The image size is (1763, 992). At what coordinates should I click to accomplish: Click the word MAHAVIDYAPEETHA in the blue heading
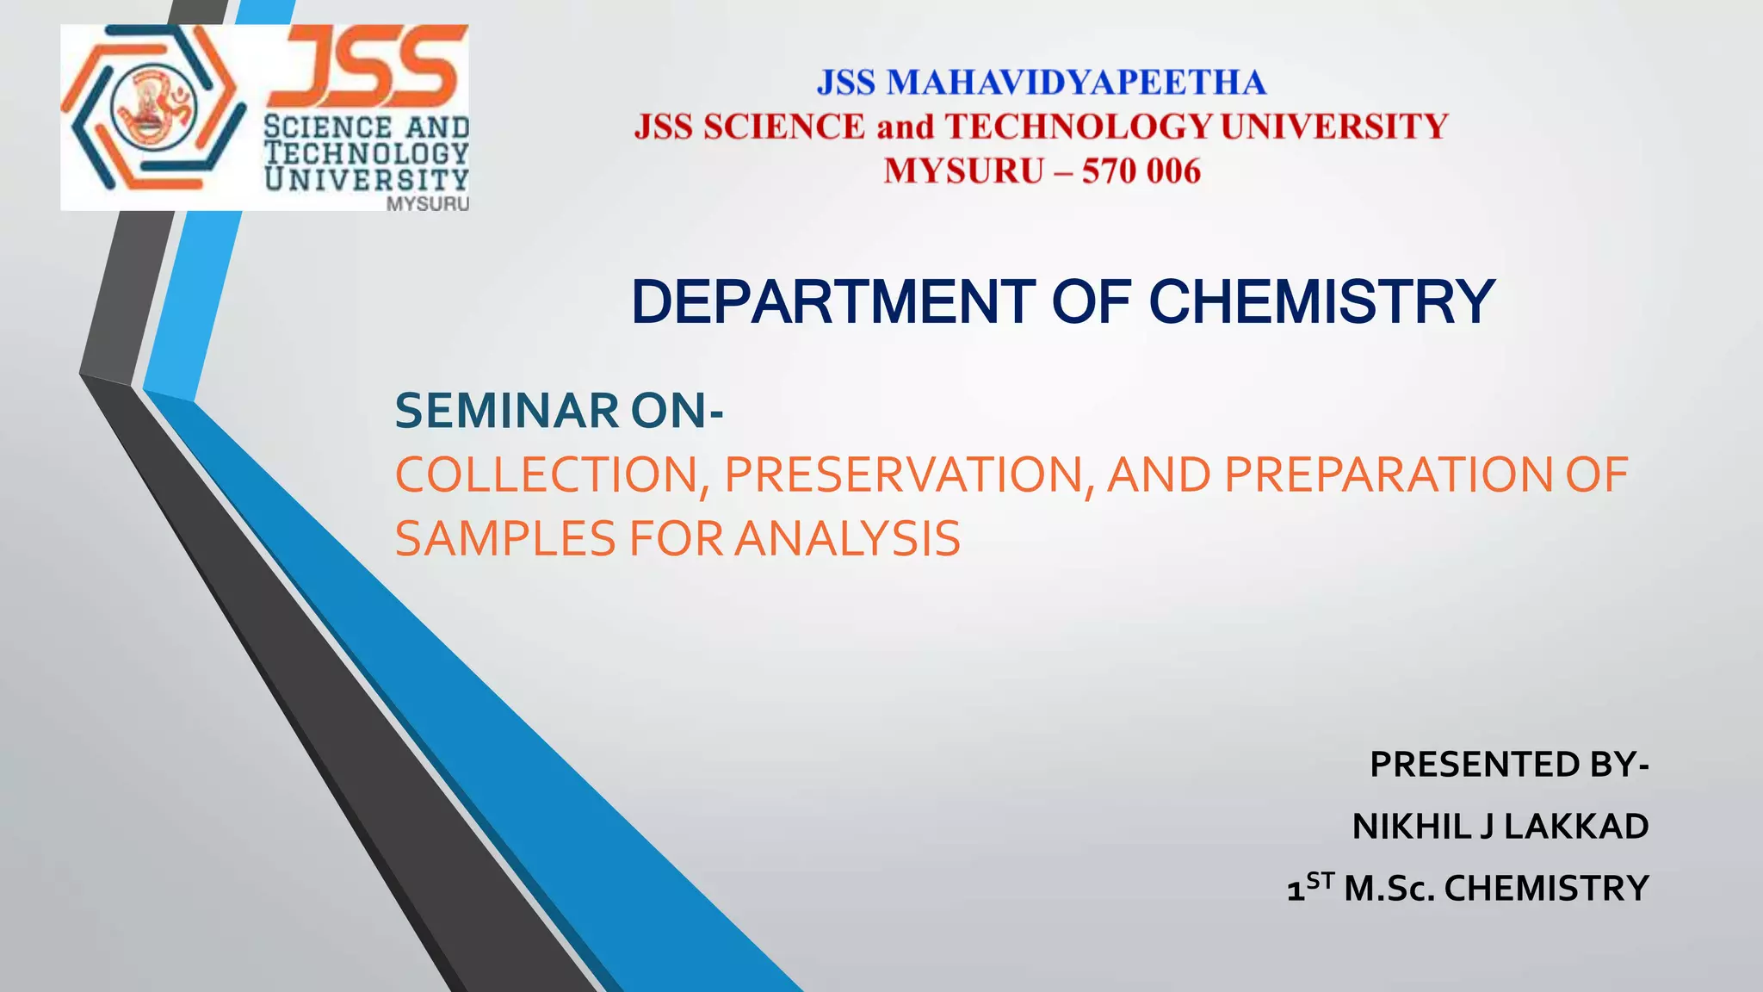coord(1076,83)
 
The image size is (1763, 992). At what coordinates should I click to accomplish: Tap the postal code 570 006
coord(1141,170)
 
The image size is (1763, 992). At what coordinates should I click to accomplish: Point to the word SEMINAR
coord(506,411)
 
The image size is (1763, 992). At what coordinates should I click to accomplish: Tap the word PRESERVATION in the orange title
coord(909,474)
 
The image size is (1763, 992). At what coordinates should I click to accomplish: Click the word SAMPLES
coord(506,539)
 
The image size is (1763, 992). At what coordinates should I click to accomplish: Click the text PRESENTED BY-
coord(1509,765)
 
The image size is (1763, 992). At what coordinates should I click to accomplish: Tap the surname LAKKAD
coord(1575,827)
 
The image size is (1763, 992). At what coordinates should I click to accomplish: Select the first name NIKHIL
coord(1412,827)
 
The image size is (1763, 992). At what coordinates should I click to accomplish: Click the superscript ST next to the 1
coord(1320,880)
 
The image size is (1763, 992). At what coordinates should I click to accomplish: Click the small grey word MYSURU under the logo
coord(428,204)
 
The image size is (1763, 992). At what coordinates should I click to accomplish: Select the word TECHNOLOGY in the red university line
coord(1079,127)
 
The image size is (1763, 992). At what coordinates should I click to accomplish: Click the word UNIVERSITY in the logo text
coord(367,179)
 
